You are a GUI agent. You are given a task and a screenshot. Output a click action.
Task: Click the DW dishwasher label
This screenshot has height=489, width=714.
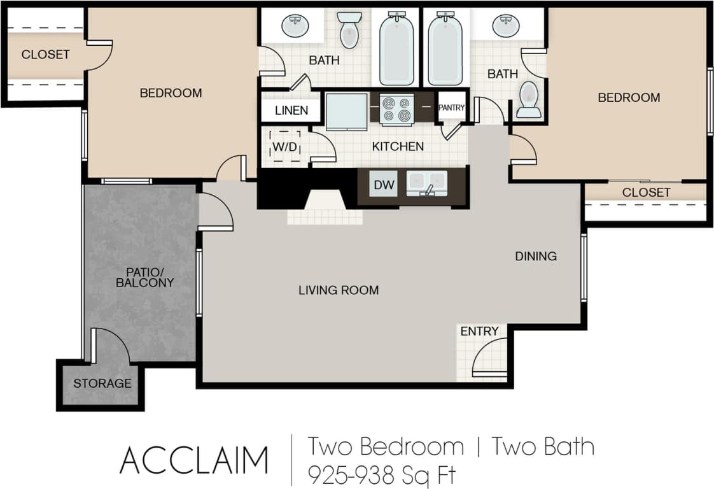(384, 186)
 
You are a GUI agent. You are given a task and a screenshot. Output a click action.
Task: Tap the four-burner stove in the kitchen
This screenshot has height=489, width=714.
(396, 108)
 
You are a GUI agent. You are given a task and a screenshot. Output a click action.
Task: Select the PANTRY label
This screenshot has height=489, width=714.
(452, 108)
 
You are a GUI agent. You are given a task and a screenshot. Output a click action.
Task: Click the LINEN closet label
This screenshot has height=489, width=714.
(291, 110)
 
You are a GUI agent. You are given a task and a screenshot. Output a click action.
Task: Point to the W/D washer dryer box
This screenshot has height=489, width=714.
(285, 146)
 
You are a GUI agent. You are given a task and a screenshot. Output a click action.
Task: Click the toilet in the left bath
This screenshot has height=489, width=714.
(349, 30)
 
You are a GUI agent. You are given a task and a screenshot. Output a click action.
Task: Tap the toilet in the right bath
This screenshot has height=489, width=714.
(529, 101)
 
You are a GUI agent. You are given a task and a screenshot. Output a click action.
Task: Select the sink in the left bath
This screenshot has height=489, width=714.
(295, 26)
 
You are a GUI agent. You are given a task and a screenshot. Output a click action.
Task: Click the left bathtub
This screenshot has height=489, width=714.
(396, 49)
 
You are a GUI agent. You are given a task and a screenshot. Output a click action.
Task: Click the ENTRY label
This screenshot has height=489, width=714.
(479, 331)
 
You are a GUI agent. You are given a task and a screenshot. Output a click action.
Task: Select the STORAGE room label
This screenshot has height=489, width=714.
(102, 383)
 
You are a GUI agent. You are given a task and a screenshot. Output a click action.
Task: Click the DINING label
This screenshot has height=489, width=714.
(536, 256)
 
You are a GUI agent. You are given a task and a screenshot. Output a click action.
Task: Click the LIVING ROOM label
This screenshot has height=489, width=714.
(339, 290)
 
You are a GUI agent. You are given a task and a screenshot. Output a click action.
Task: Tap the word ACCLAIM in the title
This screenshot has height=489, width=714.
(194, 460)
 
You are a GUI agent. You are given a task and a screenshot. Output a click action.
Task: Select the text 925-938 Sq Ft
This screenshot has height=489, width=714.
(382, 474)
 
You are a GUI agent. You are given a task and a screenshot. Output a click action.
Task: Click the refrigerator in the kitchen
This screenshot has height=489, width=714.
(346, 111)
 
